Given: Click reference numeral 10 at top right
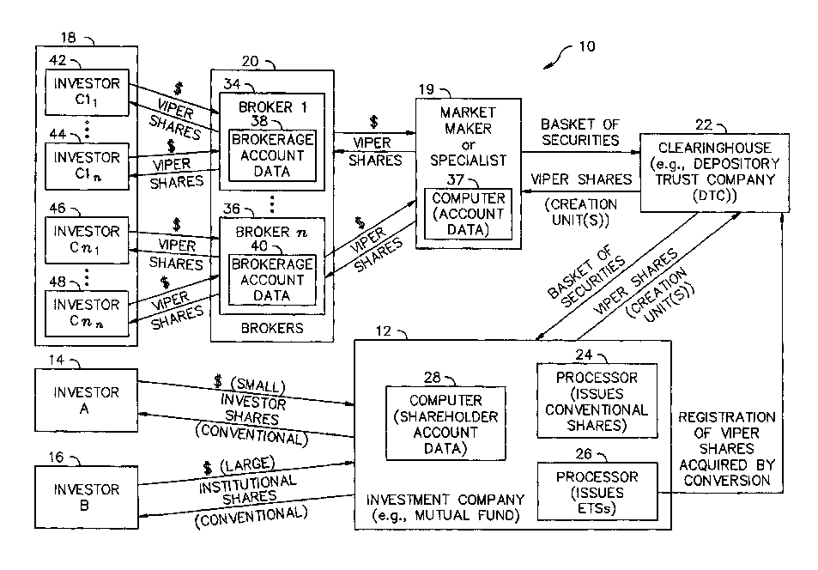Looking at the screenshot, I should pos(586,48).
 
